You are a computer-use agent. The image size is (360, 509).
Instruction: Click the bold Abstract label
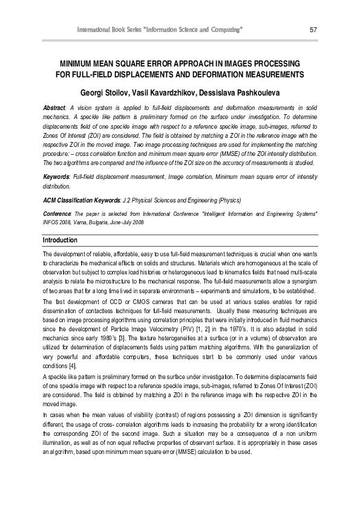coord(54,107)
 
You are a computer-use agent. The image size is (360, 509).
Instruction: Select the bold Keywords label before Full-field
coord(56,175)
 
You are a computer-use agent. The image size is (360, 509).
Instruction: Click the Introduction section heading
coord(60,240)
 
